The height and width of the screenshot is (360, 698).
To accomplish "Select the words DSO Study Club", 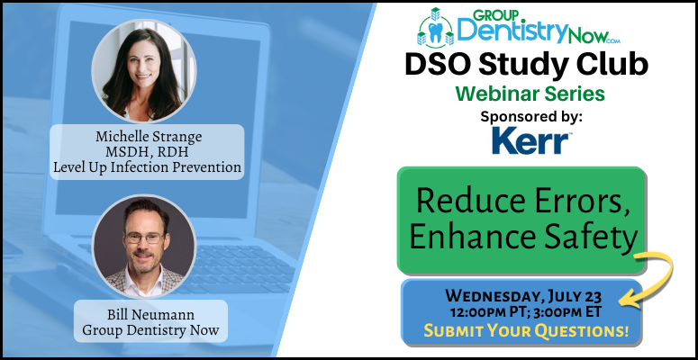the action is (526, 65).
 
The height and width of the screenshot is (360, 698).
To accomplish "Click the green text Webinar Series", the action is (530, 94).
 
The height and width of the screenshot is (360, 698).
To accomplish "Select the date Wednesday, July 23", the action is (524, 295).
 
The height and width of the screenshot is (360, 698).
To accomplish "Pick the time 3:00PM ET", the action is (560, 312).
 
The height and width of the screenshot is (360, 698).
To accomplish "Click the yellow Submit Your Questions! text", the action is (526, 330).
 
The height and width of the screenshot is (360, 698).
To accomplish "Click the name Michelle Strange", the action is (149, 137).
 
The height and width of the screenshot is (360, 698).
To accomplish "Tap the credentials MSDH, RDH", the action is (148, 151).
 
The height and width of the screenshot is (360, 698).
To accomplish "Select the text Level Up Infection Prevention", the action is (148, 166).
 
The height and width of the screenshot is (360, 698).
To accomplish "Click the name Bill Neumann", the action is (150, 315).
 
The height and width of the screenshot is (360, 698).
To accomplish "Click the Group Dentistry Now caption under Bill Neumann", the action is (150, 330).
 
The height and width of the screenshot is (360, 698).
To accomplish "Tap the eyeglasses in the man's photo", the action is (145, 238).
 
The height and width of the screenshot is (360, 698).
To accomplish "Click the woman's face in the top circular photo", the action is (143, 65).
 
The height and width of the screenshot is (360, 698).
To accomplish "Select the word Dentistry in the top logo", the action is (507, 31).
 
